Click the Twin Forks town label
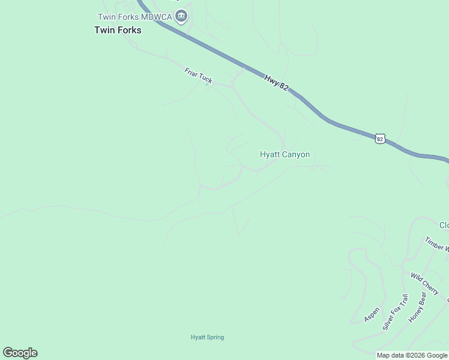tap(118, 29)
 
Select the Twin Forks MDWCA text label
tap(136, 16)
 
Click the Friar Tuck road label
tap(198, 76)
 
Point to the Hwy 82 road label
tap(276, 82)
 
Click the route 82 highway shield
tap(379, 139)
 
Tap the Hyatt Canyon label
tap(285, 155)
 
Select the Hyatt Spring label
tap(207, 337)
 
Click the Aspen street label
tap(372, 314)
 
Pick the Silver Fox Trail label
tap(396, 311)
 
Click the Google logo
tap(20, 353)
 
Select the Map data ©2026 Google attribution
tap(412, 356)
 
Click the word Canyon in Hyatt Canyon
tap(296, 155)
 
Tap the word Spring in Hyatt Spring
tap(215, 337)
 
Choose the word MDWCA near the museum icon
tap(158, 16)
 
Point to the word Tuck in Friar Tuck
tap(205, 79)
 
